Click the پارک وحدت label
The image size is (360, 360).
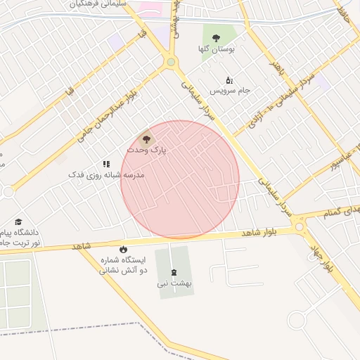point(146,150)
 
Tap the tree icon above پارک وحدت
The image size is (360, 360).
point(146,139)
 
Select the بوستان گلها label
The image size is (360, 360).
point(217,49)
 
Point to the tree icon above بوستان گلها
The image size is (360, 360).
point(216,38)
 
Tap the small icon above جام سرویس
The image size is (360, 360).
point(229,80)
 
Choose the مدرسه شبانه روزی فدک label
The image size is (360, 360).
point(106,174)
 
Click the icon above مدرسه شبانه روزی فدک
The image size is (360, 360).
point(106,163)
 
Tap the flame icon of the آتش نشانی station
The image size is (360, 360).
point(124,249)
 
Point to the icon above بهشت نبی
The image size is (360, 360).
point(174,273)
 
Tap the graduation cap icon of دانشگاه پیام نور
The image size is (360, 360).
point(18,221)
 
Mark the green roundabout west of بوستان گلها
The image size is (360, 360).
point(171,63)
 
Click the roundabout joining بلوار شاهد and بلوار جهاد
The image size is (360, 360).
point(300,226)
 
